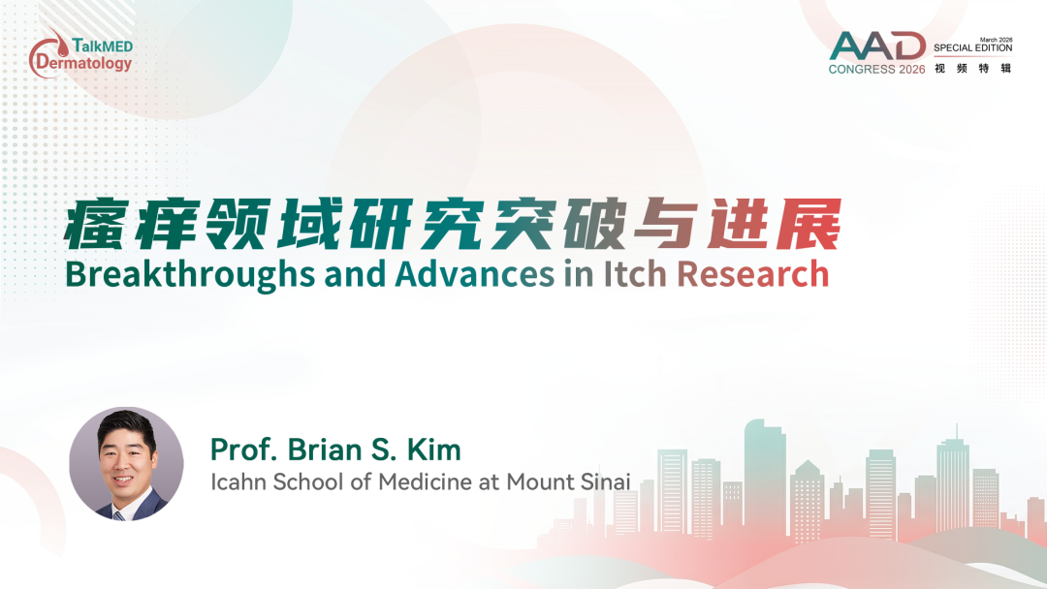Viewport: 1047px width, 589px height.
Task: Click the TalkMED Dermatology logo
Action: coord(80,54)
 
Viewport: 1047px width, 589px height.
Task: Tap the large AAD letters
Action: coord(877,46)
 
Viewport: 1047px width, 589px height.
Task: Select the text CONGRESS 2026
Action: coord(876,69)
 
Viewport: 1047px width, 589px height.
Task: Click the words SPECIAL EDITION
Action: coord(973,48)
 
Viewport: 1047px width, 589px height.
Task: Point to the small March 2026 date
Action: coord(997,40)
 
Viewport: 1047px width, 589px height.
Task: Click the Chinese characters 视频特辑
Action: coord(973,68)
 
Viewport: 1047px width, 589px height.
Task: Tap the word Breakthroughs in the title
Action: coord(190,274)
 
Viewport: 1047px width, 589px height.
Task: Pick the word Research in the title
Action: coord(752,274)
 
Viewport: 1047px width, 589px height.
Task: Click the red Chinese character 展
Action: coord(809,224)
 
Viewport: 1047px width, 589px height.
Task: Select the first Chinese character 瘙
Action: coord(96,224)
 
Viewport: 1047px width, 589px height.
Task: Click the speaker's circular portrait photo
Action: coord(126,464)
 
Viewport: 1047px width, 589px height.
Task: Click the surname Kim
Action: coord(434,449)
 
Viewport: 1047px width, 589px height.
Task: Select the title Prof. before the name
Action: coord(243,449)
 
